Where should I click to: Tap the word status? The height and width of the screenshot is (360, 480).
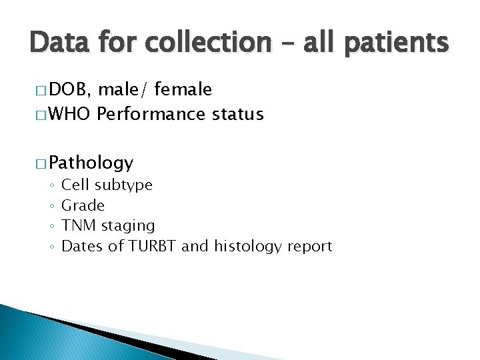pos(237,115)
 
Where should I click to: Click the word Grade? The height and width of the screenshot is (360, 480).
pos(83,205)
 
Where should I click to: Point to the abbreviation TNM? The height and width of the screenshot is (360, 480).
pos(77,226)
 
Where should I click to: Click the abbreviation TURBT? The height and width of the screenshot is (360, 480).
pos(153,246)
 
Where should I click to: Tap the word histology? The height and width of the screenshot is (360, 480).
pos(248,247)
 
